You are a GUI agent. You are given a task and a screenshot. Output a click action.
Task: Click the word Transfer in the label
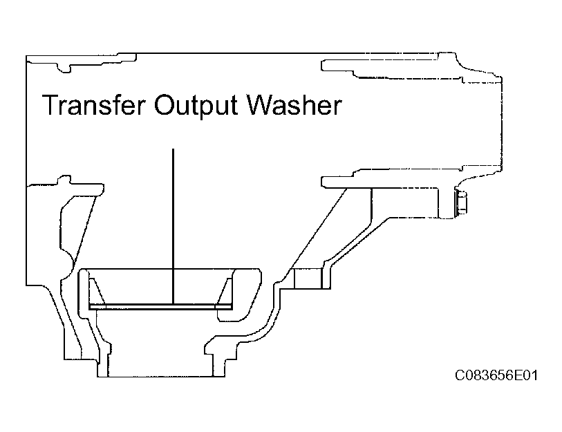click(x=94, y=104)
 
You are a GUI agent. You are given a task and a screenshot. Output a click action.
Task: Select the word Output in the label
click(x=196, y=105)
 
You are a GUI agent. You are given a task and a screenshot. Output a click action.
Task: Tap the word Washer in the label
click(x=294, y=104)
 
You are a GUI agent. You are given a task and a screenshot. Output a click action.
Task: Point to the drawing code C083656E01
click(x=496, y=375)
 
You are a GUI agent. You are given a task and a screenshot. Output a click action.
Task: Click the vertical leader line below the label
click(x=173, y=226)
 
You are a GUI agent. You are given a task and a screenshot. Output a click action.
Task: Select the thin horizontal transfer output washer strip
click(x=160, y=306)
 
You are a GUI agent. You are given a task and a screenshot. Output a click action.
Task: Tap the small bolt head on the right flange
click(x=461, y=203)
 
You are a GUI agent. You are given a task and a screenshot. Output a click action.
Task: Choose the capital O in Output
click(x=165, y=104)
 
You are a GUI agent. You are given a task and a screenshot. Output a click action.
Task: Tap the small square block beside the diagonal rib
click(x=308, y=278)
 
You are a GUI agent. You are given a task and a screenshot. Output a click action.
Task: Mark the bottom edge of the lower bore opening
click(x=161, y=377)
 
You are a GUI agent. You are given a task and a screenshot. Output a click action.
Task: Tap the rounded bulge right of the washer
click(x=247, y=294)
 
